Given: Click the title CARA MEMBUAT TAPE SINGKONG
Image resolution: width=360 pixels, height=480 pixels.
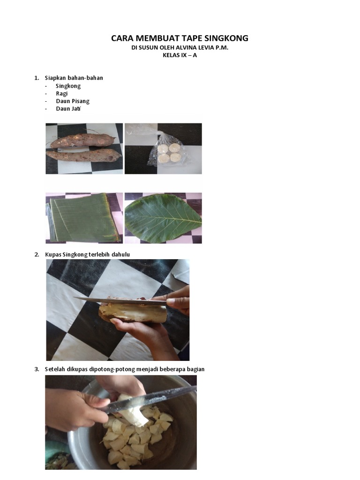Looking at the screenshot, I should tap(180, 38).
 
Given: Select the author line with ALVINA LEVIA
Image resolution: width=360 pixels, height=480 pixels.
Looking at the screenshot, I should tap(180, 48).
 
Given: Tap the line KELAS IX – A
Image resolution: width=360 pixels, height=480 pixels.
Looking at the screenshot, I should tap(180, 56).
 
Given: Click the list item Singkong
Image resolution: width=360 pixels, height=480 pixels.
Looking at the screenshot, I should tap(68, 86).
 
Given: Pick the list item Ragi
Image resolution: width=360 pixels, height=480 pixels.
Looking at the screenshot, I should tap(61, 93).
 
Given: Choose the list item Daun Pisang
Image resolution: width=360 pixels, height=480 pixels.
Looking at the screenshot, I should tap(72, 101).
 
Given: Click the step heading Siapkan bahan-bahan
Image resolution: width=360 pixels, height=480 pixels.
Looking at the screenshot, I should tap(74, 78).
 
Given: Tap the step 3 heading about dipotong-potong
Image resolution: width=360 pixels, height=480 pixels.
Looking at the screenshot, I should tap(124, 369).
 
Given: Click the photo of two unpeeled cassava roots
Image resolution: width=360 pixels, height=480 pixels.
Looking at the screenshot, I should tap(83, 148).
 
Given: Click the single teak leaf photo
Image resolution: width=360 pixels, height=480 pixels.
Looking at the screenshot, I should tap(163, 218).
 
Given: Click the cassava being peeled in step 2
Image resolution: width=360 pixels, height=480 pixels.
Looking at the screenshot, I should tap(134, 313).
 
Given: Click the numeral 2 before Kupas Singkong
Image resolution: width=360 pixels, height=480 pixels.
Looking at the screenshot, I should tap(37, 254).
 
